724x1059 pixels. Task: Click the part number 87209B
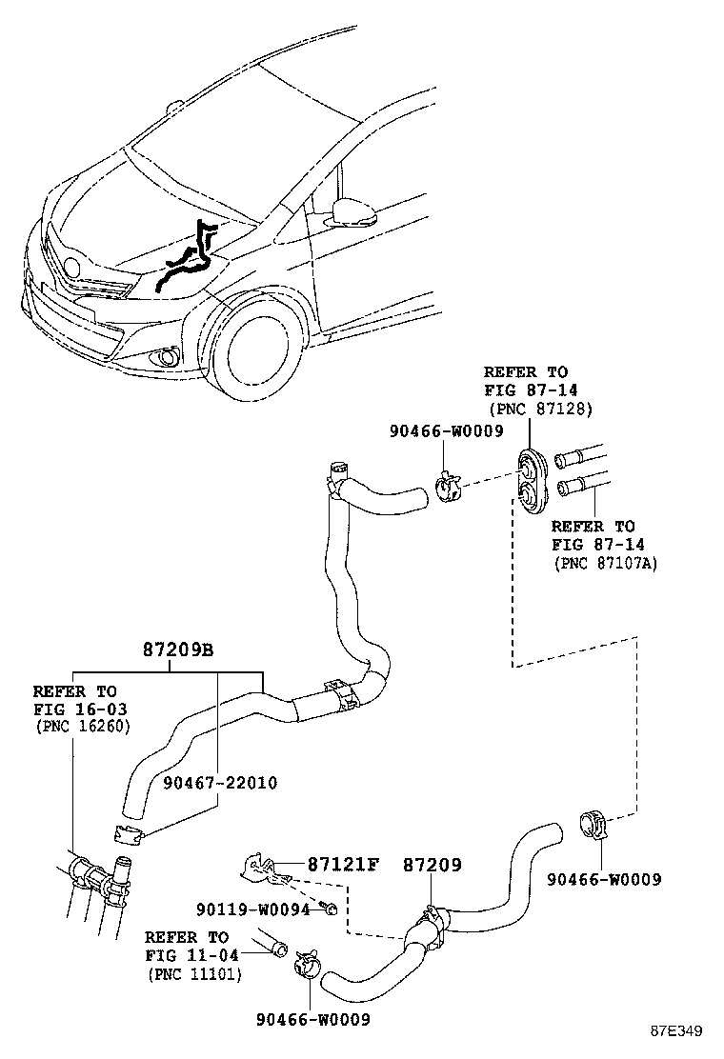tap(177, 650)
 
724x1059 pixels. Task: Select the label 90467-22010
tap(219, 783)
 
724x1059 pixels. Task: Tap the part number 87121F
tap(343, 865)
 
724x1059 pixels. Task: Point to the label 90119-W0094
tap(254, 909)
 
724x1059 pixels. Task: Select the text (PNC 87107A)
tap(605, 563)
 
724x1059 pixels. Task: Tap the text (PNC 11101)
tap(193, 974)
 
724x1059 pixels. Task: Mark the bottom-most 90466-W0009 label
tap(312, 1019)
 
